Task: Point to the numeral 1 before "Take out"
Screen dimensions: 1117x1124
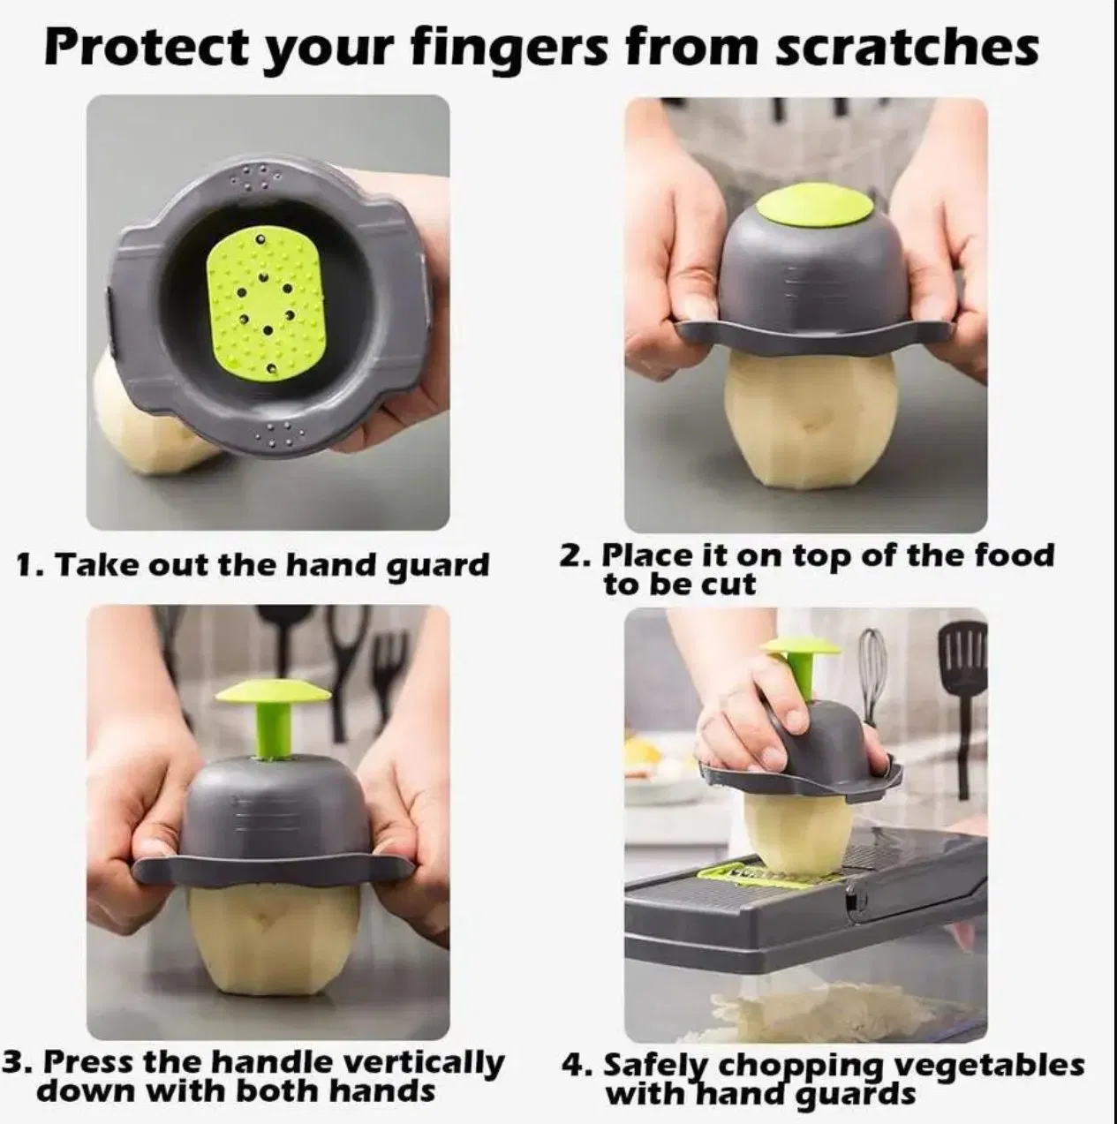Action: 26,565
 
